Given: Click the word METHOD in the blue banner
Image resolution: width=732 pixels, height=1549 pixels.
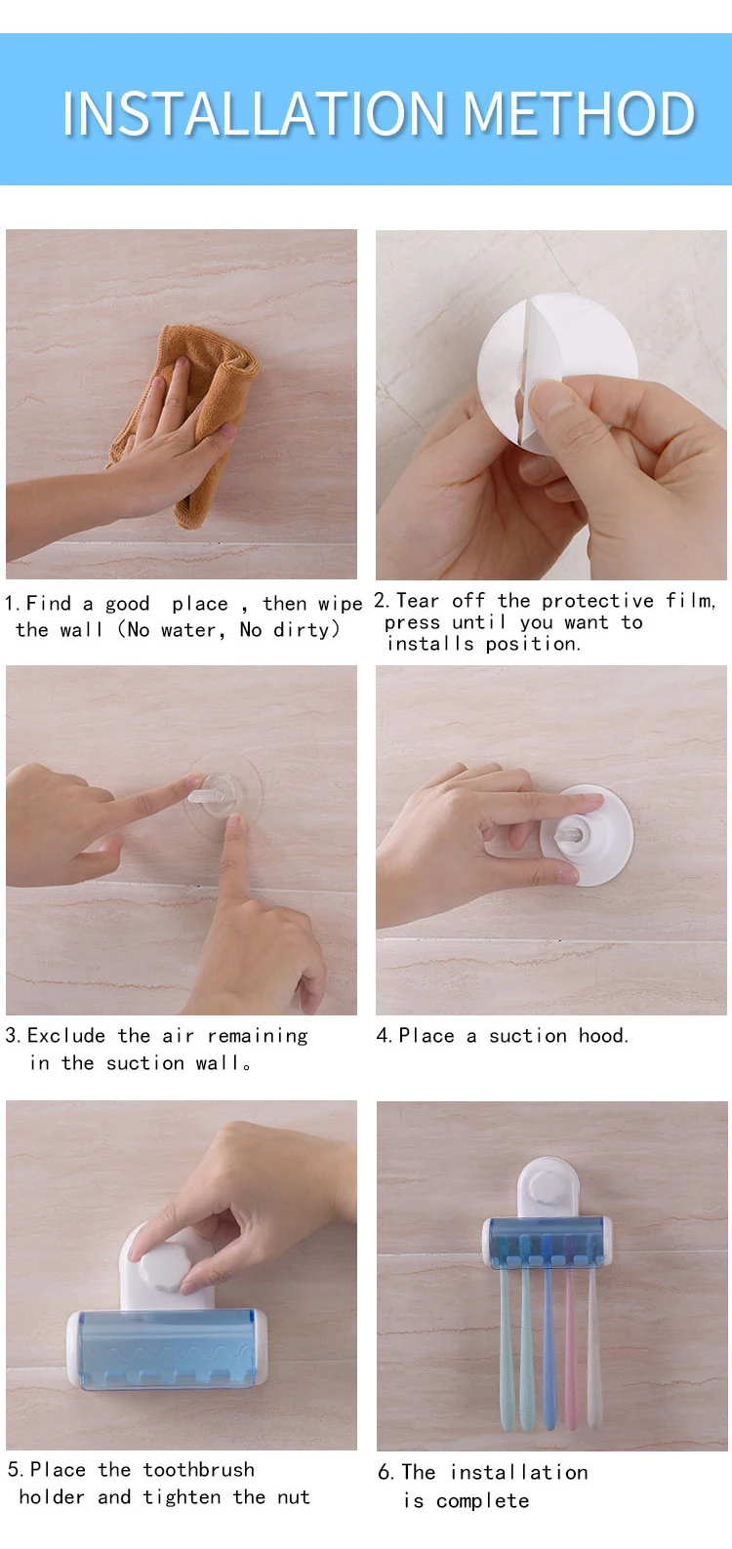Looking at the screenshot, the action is (x=579, y=113).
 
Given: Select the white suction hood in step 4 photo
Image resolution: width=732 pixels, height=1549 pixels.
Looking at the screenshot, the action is (x=587, y=835).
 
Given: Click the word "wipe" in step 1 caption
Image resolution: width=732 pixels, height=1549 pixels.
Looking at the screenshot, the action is (x=340, y=604).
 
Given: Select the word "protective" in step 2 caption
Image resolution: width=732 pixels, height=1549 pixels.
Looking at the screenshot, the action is (x=597, y=601).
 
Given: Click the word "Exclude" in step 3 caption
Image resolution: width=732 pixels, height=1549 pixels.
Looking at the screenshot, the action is (x=66, y=1035).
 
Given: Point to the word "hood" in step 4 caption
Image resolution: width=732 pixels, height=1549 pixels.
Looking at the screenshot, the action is (x=603, y=1035).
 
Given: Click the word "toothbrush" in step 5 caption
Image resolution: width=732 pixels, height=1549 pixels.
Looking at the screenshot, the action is (x=198, y=1469).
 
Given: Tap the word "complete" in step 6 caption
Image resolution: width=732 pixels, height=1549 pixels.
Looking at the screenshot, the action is (x=482, y=1501).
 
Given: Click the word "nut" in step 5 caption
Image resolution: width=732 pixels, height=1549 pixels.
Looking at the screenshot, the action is (x=294, y=1498).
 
